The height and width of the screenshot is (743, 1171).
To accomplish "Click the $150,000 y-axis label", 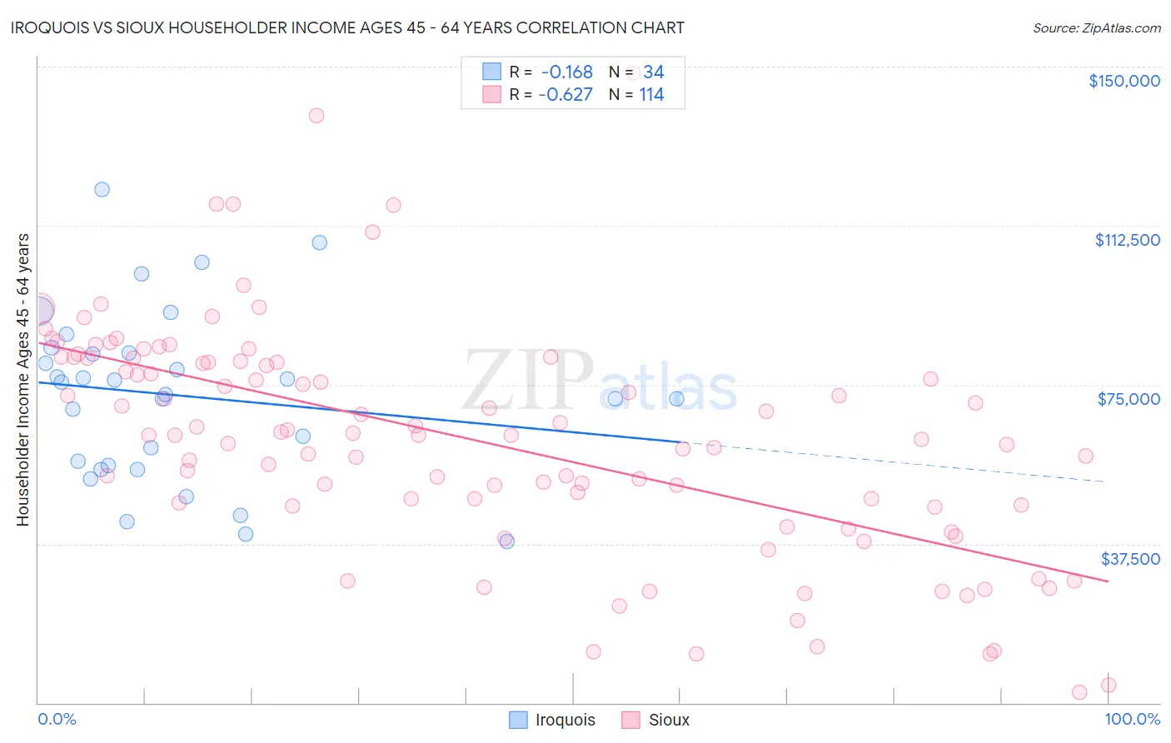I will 1124,81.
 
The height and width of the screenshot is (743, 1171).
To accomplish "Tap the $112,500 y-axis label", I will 1127,240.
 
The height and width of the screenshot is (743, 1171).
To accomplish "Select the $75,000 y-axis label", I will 1129,399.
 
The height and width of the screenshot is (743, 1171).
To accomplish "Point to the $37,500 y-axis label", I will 1129,559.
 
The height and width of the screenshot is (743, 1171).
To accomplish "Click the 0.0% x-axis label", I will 57,719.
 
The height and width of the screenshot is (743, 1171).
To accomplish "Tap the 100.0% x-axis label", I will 1132,719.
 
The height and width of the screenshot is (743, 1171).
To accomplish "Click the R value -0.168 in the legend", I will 566,72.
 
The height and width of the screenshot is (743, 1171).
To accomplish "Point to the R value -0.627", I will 566,95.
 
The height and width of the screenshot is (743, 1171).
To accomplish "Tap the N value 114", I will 651,95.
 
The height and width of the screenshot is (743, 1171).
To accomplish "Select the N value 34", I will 653,72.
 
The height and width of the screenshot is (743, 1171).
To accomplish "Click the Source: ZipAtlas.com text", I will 1096,28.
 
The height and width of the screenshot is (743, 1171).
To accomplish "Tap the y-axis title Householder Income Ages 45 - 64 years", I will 23,379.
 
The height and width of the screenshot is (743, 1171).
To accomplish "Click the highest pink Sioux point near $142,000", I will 316,116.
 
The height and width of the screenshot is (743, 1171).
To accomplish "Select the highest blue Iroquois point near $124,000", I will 102,189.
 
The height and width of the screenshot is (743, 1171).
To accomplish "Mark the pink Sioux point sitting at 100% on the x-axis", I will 1108,685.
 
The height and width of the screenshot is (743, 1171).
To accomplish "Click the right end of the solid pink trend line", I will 1107,581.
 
